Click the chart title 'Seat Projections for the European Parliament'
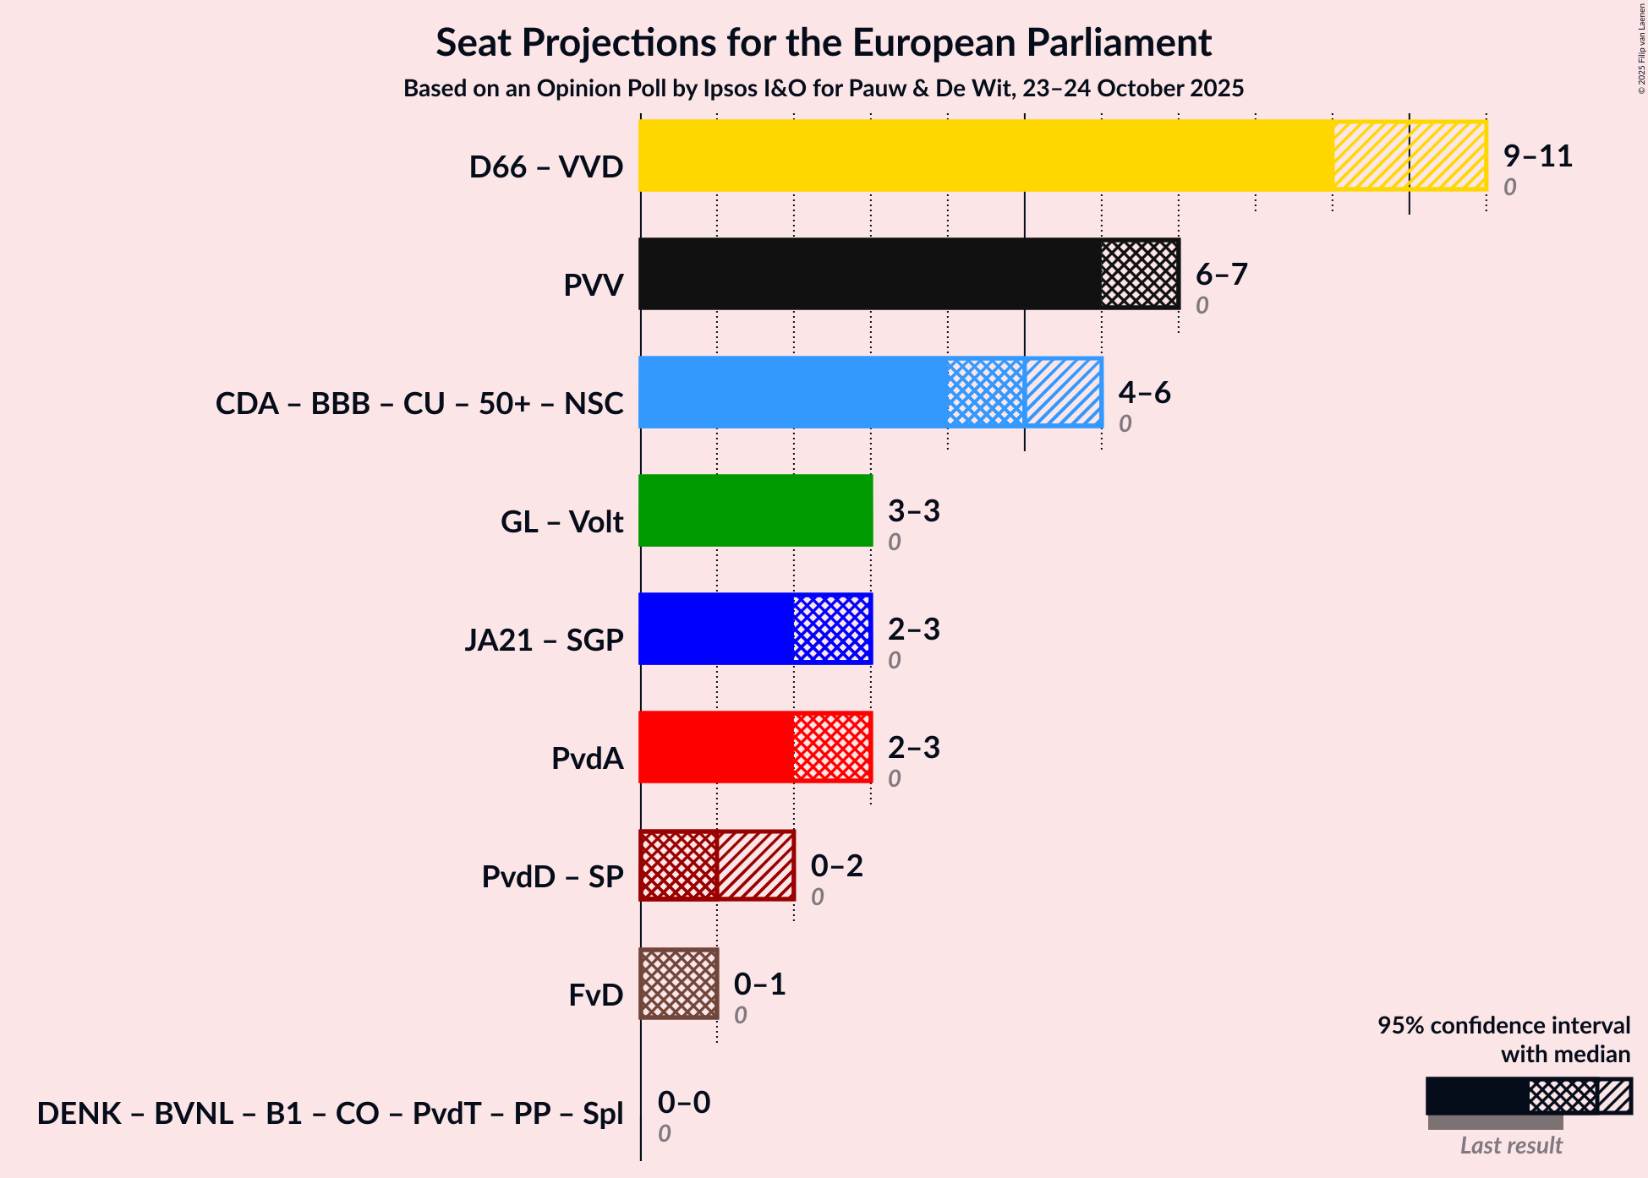(824, 43)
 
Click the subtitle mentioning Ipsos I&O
(824, 89)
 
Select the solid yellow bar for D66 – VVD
(985, 155)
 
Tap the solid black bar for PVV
(869, 274)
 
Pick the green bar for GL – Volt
(755, 510)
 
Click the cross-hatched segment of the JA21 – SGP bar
(832, 629)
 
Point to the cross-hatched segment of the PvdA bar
(832, 747)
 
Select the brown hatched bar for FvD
(679, 984)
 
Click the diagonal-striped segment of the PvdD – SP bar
(755, 865)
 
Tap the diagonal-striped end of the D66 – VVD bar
(1410, 155)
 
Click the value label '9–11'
(1537, 156)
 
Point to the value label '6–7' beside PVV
(1221, 275)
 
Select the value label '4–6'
(1144, 393)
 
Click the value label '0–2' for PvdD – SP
(836, 866)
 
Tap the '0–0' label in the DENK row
(683, 1103)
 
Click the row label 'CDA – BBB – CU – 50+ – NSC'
(419, 404)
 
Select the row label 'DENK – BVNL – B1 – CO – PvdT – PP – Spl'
(330, 1114)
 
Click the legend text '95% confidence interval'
(1503, 1026)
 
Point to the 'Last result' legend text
(1510, 1146)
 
